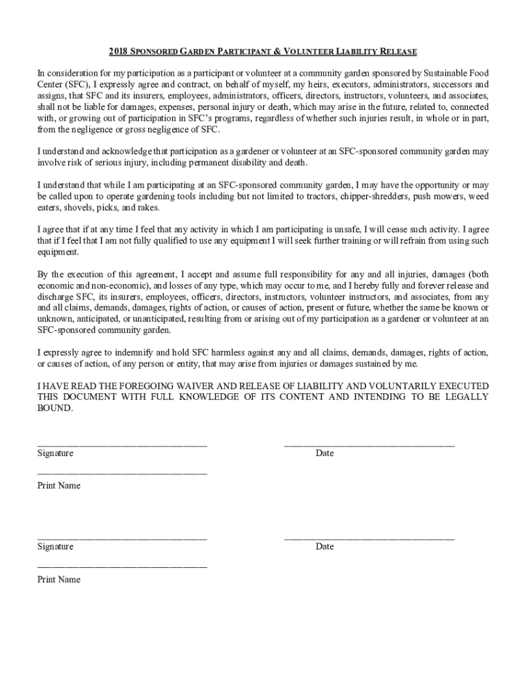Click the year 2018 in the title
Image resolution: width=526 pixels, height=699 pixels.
[119, 52]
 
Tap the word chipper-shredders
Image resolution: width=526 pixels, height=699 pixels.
[373, 197]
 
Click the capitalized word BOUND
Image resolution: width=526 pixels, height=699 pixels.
[53, 408]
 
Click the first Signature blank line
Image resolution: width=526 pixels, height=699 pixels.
[122, 445]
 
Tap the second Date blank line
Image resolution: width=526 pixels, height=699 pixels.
[369, 539]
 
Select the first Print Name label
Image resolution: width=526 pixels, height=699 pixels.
[59, 486]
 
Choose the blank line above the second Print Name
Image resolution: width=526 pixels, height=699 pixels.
[122, 567]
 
